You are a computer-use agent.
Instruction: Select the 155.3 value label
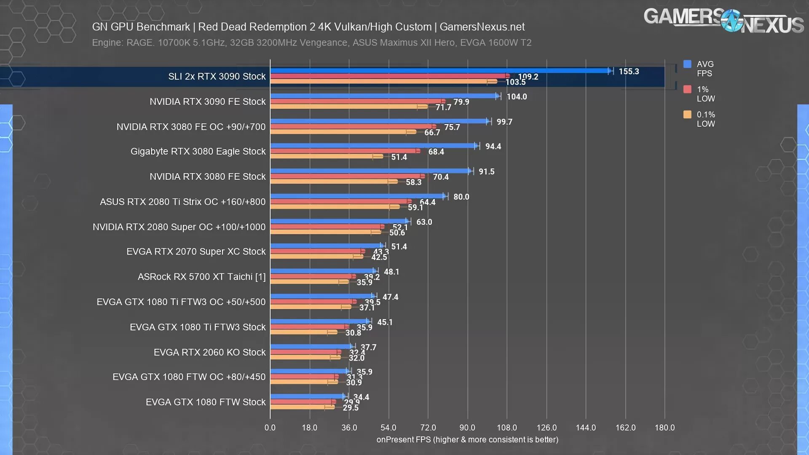point(629,72)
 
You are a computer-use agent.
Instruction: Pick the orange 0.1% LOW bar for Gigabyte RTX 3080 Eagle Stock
point(327,157)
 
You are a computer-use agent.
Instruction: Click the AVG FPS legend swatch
point(687,64)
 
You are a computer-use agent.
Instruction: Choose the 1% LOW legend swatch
point(687,89)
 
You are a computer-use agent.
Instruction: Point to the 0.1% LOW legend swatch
point(687,115)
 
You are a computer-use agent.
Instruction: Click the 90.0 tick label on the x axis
point(467,428)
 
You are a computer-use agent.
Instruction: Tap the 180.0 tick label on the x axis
point(664,428)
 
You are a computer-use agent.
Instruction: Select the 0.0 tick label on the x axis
point(270,428)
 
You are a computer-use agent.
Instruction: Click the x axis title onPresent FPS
point(467,440)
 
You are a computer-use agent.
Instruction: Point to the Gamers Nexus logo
point(723,20)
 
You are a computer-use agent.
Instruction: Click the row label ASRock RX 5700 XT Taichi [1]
point(201,277)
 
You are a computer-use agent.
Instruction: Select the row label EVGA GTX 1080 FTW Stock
point(206,402)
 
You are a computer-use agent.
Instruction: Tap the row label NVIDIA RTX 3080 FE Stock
point(207,177)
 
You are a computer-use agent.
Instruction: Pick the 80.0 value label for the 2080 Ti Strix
point(461,197)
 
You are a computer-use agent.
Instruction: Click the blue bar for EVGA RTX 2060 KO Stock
point(311,347)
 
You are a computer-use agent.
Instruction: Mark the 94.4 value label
point(493,147)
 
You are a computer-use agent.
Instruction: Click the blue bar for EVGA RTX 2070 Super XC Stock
point(327,246)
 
